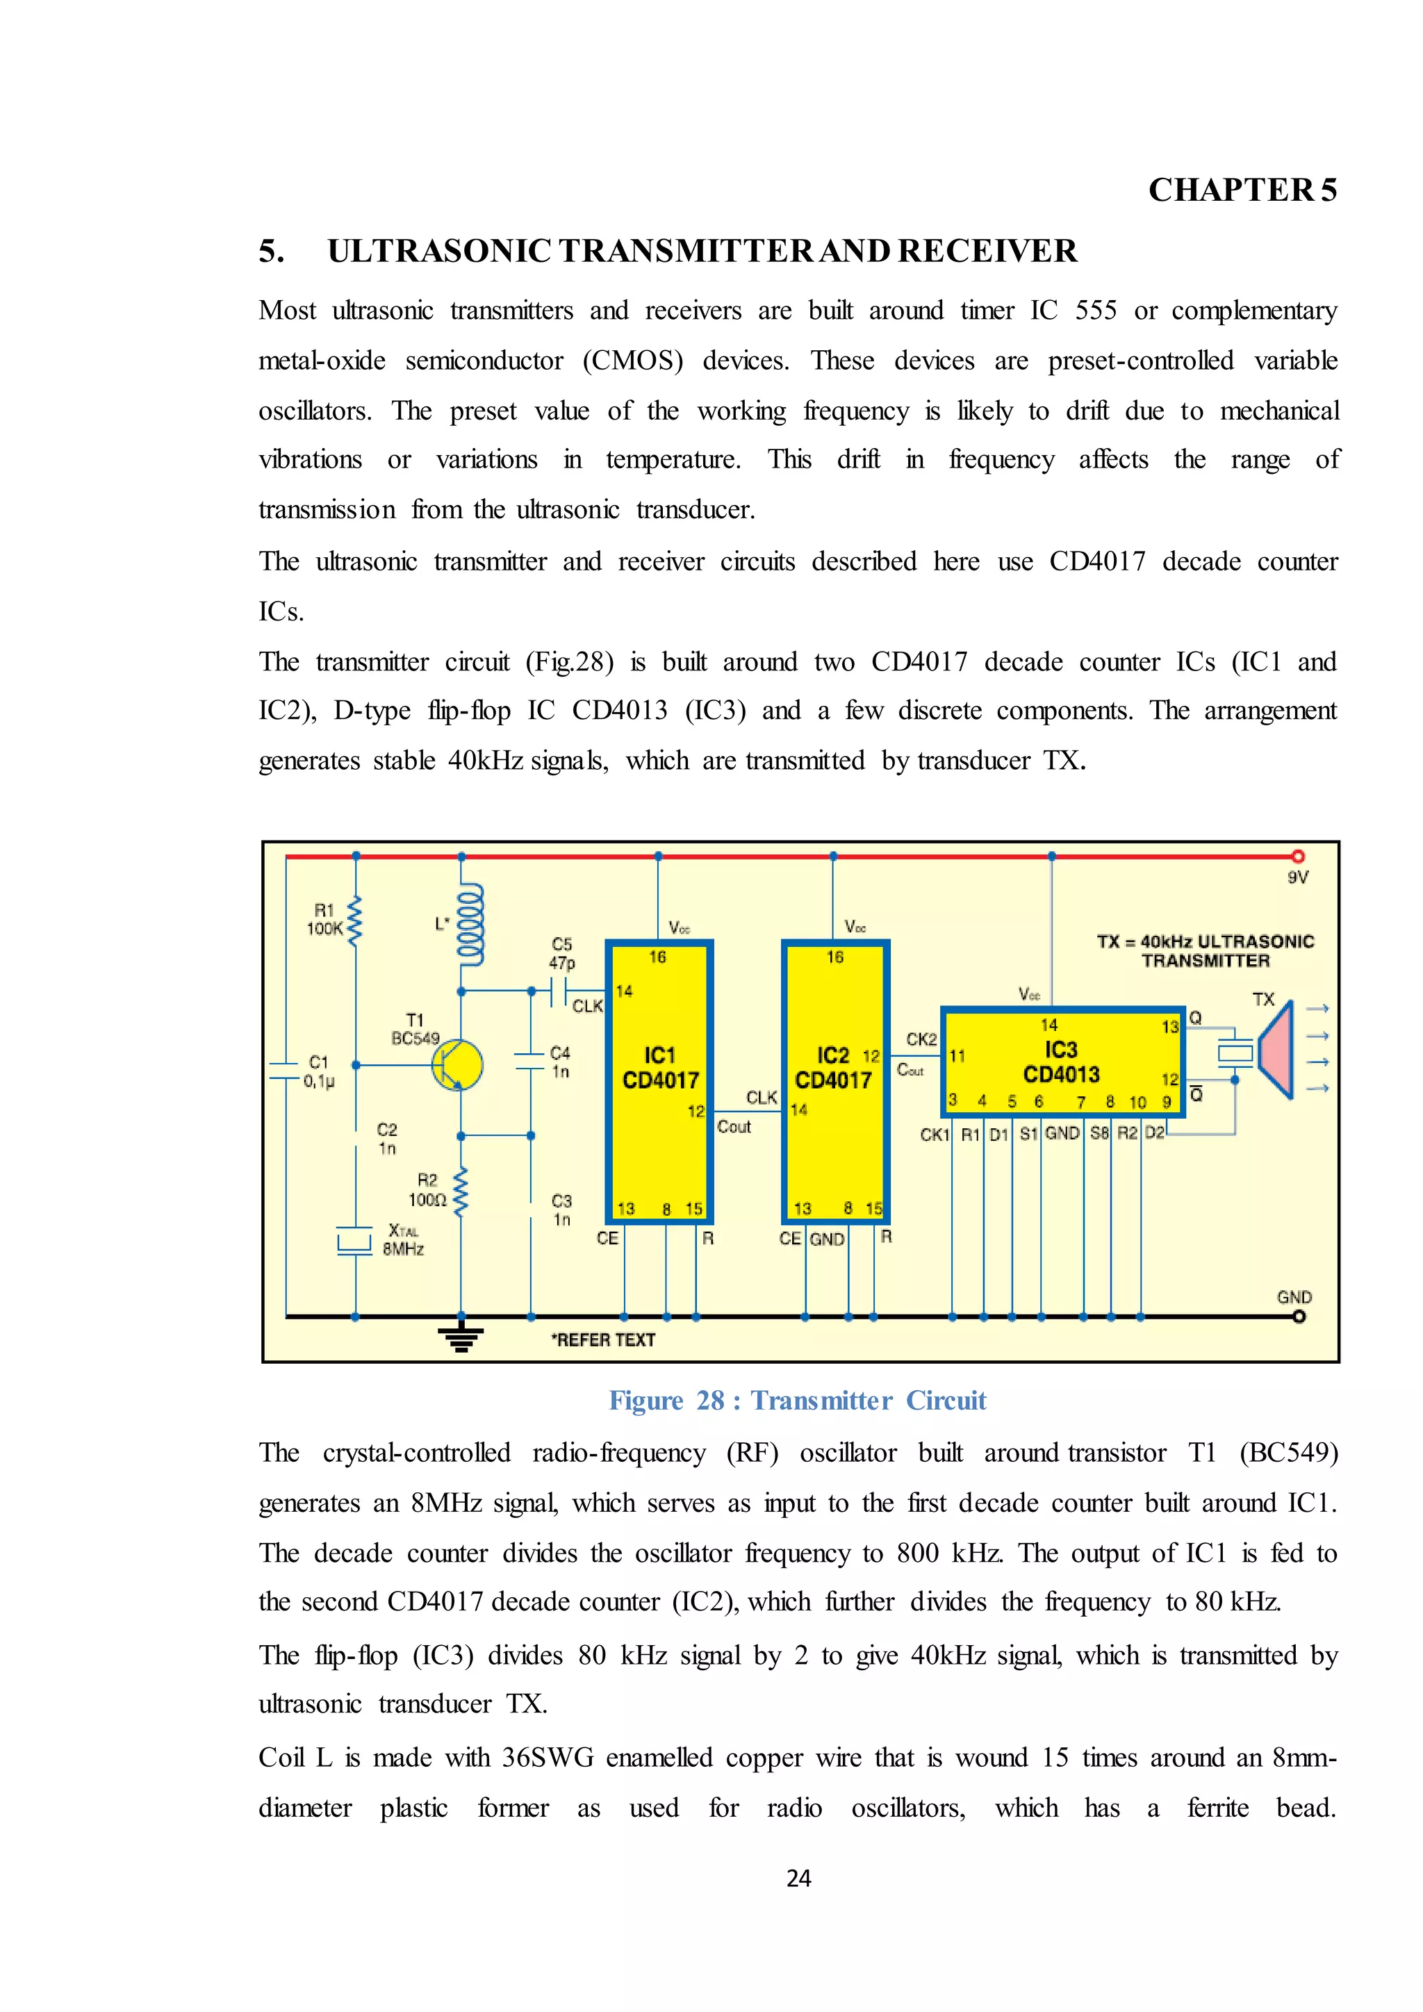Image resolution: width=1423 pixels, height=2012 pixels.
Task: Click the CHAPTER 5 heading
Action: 1242,190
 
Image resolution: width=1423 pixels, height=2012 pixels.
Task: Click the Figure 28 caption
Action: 798,1401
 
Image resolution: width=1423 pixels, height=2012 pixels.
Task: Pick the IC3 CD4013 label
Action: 1060,1062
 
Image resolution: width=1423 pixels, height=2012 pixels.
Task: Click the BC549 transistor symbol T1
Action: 457,1065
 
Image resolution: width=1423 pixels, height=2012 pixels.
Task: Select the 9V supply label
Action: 1298,877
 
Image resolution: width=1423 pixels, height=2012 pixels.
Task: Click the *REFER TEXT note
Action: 603,1340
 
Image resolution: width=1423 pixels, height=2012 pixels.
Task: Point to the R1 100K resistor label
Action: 324,919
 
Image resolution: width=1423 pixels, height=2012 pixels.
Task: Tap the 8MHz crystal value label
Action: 403,1248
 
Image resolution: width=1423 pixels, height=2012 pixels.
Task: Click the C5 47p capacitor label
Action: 561,953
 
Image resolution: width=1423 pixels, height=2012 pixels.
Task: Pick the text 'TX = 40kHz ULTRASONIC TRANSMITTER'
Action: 1205,951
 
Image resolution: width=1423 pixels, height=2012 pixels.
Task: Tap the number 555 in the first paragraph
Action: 1095,311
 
